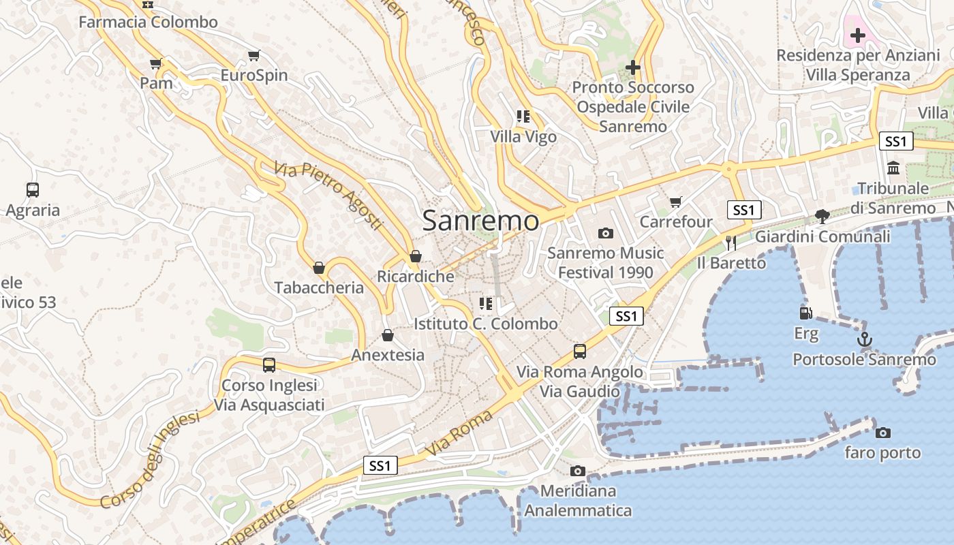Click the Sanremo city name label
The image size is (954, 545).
[x=480, y=221]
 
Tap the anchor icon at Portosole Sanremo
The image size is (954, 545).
[x=865, y=339]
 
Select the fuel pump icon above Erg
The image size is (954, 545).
[x=805, y=313]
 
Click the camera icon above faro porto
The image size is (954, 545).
[x=882, y=433]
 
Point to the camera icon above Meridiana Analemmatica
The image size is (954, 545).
[x=577, y=471]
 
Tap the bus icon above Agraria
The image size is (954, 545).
[x=32, y=190]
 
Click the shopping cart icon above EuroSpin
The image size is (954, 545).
[x=253, y=55]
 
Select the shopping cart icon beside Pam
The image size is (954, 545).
[x=155, y=64]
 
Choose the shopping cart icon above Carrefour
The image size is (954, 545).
[x=675, y=202]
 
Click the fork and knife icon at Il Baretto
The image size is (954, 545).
[x=731, y=243]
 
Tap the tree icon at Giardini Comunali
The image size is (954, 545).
[x=822, y=217]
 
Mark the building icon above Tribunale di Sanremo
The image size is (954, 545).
[x=893, y=168]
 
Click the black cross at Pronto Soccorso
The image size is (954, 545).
[x=633, y=67]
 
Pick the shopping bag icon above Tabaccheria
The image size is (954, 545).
[x=318, y=268]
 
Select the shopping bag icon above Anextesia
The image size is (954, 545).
[x=387, y=335]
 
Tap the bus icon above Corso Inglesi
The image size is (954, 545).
[x=268, y=365]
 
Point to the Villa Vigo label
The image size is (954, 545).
[x=523, y=137]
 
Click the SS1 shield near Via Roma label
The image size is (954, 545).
[x=380, y=465]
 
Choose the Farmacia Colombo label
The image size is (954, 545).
[x=148, y=22]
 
